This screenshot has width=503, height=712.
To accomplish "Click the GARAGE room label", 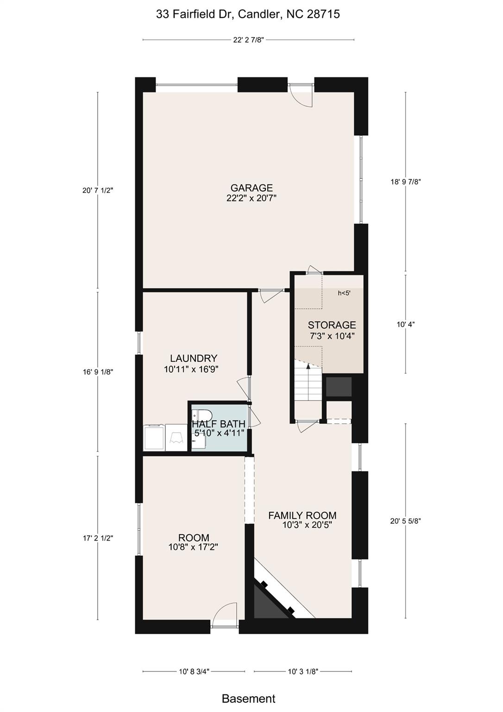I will (x=251, y=188).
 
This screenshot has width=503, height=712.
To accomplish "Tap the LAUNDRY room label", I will (x=193, y=358).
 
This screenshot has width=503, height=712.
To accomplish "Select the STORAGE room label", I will (x=332, y=325).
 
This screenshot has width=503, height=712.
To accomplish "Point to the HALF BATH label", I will (x=219, y=424).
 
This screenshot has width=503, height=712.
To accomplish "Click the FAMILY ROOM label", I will (x=302, y=515).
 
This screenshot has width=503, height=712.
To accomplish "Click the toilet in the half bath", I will (x=203, y=414).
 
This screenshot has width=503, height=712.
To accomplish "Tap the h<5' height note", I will (x=344, y=293).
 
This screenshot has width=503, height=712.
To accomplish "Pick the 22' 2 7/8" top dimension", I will (x=248, y=40).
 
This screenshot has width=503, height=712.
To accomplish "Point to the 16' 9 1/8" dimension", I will (x=98, y=372).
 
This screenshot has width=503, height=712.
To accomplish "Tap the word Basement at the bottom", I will (x=248, y=699).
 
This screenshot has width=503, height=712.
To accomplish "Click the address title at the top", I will (x=248, y=14).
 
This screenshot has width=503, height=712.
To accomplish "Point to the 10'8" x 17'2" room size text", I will (x=193, y=547).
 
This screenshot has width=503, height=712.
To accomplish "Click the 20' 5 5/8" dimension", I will (x=405, y=521).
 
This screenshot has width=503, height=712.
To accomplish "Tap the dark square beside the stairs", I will (x=339, y=387).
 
